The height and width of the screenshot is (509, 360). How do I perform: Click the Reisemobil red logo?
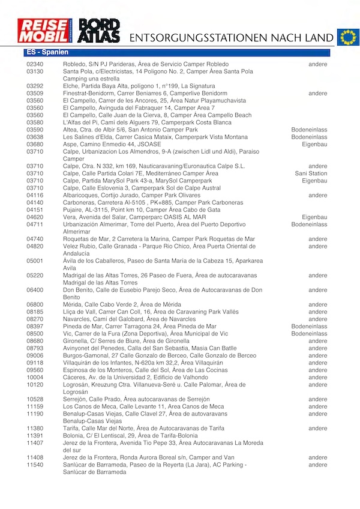[44, 31]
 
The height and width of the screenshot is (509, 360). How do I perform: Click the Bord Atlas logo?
[100, 31]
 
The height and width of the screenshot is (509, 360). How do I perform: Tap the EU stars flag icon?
[347, 37]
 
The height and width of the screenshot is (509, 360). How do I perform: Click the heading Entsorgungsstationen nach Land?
[231, 37]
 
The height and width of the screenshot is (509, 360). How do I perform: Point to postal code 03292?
[35, 86]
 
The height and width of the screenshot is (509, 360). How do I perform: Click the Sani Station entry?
[311, 173]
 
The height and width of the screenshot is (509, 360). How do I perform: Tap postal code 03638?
[35, 137]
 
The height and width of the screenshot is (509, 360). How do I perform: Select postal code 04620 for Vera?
[35, 217]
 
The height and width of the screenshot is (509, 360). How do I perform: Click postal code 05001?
[35, 261]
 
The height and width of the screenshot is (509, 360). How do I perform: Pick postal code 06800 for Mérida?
[35, 305]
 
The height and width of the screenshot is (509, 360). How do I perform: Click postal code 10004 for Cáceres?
[35, 377]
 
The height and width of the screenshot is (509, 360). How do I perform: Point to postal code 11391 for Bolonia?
[35, 435]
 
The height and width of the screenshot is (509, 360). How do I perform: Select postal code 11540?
[35, 465]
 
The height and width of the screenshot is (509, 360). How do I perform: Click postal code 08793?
[35, 348]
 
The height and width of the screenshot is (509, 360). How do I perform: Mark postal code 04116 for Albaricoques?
[35, 195]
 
